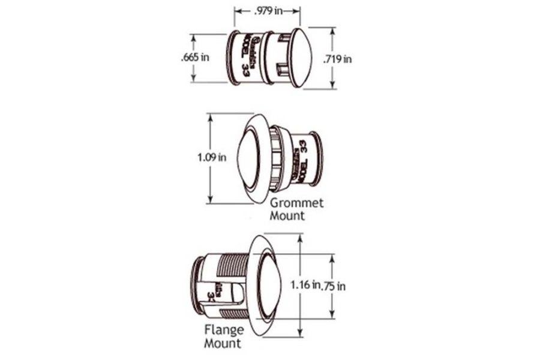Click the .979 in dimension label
267,11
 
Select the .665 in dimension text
195,58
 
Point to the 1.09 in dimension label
211,158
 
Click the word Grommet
287,203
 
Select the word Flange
223,330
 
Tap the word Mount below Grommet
287,215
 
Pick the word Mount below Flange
223,343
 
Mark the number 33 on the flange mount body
211,295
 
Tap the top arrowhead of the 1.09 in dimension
209,116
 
